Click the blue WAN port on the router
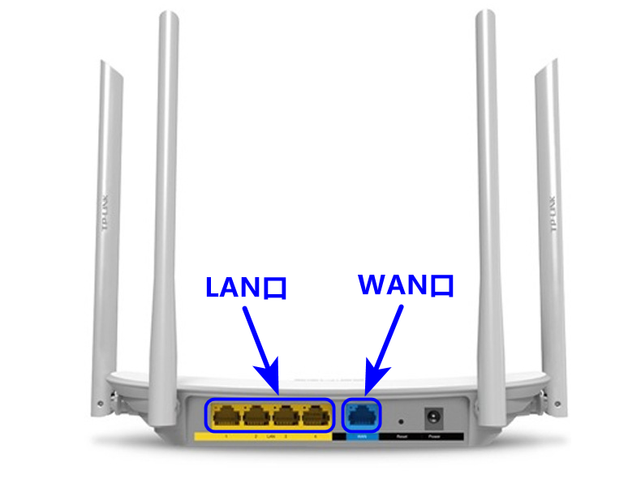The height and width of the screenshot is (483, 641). [362, 417]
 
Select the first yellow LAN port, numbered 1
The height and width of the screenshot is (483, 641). [225, 417]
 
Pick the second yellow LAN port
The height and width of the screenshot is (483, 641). [255, 417]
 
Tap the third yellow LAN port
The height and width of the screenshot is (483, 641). [285, 417]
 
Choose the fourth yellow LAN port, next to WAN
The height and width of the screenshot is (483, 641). [315, 417]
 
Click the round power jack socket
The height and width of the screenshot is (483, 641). [433, 418]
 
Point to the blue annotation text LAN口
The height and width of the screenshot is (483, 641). [246, 287]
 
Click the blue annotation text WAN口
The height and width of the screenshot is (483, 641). [406, 284]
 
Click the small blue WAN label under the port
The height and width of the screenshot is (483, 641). [362, 437]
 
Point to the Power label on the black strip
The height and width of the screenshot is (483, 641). [434, 437]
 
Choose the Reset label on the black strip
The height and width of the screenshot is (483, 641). [402, 437]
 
